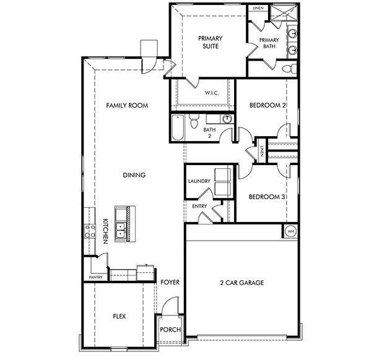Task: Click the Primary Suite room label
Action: (210, 41)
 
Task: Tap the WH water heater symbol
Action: (290, 231)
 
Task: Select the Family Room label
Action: (127, 106)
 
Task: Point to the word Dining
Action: (134, 175)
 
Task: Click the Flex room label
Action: (119, 315)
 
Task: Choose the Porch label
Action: (170, 330)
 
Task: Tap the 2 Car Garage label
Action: (242, 283)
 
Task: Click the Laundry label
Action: (199, 181)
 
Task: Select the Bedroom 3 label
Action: (267, 197)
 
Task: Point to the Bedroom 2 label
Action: (267, 106)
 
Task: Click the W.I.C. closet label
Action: (212, 93)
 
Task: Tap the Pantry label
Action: (95, 277)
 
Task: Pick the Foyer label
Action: (170, 283)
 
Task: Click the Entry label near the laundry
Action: (199, 207)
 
